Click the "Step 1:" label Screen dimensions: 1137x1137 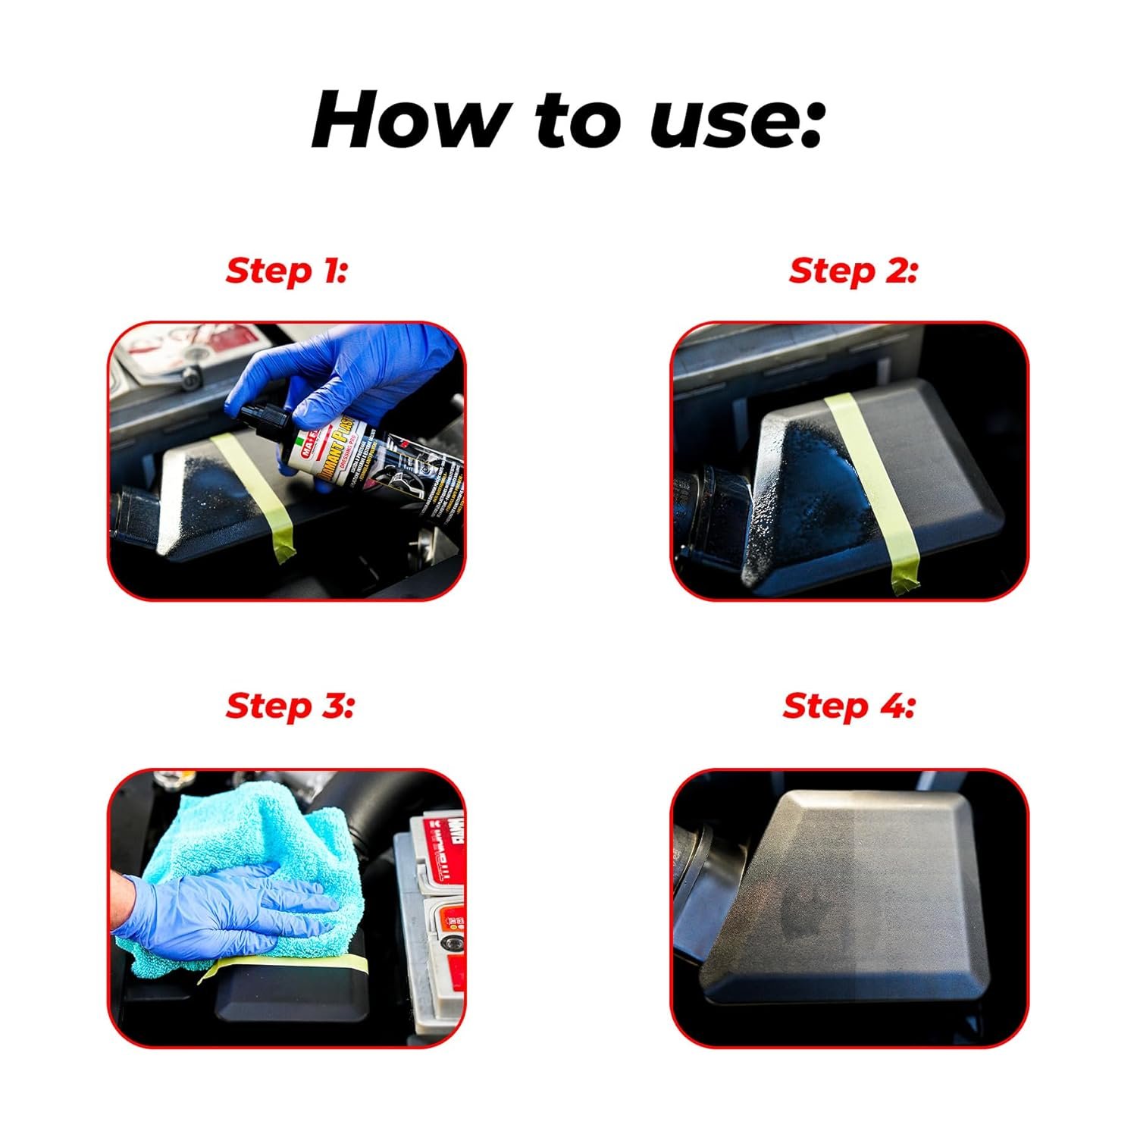coord(287,271)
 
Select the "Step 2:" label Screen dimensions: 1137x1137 coord(853,271)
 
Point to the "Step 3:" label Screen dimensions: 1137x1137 coord(290,706)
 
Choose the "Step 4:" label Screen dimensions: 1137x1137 coord(849,706)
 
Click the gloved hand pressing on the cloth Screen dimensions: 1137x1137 coord(220,910)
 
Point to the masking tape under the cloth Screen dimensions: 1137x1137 coord(303,964)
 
